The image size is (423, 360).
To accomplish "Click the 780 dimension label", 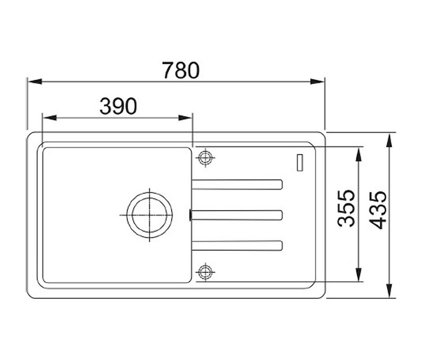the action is (181, 70).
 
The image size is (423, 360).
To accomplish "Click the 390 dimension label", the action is (118, 106).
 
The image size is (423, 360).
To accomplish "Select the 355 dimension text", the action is (346, 208).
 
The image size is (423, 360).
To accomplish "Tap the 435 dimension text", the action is (378, 210).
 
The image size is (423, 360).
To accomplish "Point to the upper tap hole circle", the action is (206, 158).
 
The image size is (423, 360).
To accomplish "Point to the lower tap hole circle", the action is (205, 272).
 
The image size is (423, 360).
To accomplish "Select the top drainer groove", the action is (237, 184).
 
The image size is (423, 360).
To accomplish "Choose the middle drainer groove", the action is (237, 215).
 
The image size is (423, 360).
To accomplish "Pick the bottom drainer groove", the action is (237, 245).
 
